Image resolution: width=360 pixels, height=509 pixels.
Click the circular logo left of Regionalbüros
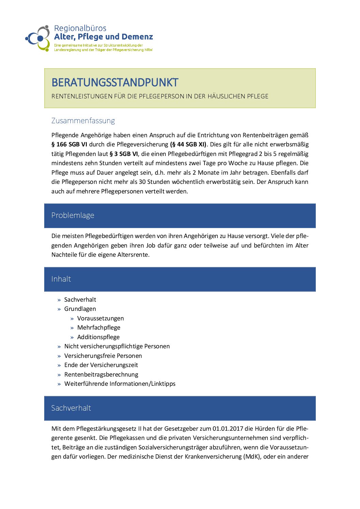(38, 38)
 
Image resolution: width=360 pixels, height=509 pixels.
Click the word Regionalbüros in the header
(80, 28)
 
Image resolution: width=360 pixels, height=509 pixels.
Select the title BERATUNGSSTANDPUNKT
(115, 82)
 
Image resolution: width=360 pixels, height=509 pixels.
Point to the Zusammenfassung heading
(83, 121)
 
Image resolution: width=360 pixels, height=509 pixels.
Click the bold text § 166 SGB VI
(69, 144)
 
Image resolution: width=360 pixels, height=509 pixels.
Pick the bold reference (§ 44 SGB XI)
(188, 144)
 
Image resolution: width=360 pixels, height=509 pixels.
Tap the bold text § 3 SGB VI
(124, 154)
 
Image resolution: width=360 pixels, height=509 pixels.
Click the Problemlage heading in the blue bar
(73, 215)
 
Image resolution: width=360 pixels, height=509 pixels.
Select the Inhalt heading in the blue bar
(61, 279)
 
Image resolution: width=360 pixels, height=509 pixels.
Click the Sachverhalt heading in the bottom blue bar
(71, 408)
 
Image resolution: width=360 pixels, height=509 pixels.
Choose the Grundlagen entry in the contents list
(80, 309)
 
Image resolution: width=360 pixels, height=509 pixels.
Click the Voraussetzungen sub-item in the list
(100, 318)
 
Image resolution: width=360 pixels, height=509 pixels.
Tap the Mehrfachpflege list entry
(99, 328)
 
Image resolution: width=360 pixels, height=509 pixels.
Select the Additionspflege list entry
(98, 337)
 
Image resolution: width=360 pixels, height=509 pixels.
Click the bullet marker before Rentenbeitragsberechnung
(59, 375)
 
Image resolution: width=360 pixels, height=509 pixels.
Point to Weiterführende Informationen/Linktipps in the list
(120, 384)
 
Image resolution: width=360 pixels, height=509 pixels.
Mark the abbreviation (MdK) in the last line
(252, 457)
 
